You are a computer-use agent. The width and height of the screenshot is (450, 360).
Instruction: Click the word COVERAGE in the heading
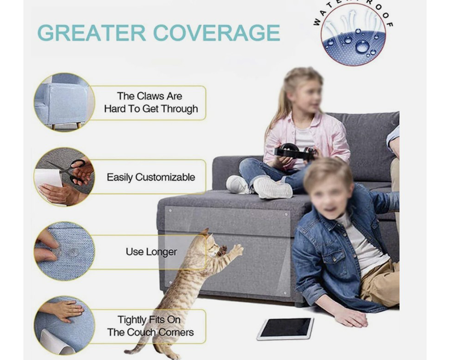point(216,33)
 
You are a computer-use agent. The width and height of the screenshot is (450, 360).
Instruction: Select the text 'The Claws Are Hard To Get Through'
point(151,102)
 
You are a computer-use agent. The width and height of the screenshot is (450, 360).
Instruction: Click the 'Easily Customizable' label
point(151,177)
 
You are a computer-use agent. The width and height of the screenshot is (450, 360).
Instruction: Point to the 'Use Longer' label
point(151,252)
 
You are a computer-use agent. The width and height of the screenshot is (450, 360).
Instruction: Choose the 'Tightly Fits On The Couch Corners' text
point(150,326)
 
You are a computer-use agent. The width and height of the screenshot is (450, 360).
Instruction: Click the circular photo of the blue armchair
point(64,103)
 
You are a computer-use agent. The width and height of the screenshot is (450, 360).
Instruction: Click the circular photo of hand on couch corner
point(64,325)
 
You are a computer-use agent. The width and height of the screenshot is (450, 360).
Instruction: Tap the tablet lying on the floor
point(285,328)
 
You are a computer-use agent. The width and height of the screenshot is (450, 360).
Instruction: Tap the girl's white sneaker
point(272,188)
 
